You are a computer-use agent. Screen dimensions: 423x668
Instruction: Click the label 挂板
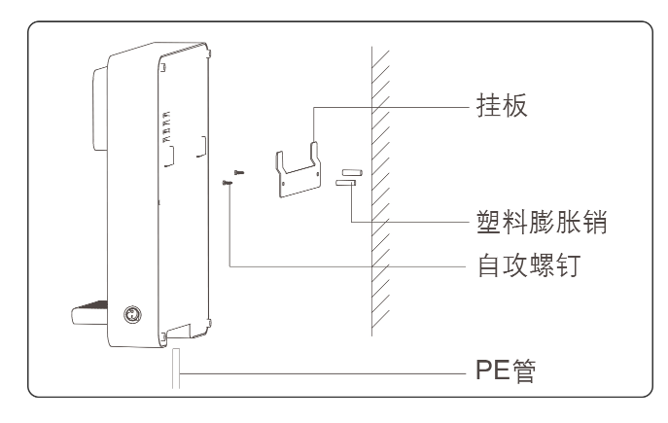[x=503, y=105]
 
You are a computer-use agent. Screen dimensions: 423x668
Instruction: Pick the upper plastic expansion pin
[x=350, y=171]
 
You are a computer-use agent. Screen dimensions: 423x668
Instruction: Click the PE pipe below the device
[x=176, y=370]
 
